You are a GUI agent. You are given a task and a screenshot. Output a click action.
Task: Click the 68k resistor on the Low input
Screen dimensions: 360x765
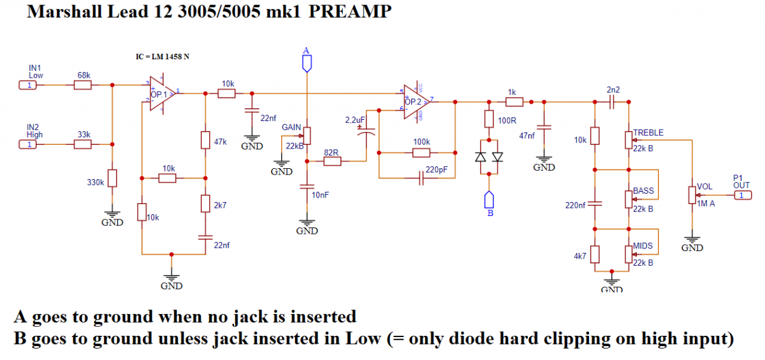84,85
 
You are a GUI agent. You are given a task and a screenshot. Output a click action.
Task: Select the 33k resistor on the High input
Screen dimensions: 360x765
84,145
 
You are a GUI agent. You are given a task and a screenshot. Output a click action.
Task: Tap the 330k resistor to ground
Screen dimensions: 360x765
112,178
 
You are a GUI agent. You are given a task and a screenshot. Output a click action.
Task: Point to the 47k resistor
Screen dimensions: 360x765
205,140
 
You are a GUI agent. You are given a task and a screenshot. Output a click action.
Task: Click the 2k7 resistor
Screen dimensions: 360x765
205,203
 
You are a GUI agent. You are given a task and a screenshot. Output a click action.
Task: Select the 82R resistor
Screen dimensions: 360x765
331,162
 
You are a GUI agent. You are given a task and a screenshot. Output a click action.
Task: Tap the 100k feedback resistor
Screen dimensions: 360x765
421,152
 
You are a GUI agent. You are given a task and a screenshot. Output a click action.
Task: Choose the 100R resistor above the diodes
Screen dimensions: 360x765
489,119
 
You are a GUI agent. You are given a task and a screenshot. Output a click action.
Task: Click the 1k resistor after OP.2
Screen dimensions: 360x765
514,101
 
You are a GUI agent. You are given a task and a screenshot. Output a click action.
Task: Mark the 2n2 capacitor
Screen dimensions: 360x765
613,101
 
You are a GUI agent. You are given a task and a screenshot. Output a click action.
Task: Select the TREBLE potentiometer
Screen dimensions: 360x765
630,138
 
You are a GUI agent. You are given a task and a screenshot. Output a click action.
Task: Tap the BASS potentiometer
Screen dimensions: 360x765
630,198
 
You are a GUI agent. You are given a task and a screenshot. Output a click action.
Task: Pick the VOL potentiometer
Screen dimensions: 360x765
692,194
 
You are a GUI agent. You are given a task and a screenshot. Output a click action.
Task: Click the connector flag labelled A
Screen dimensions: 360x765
307,62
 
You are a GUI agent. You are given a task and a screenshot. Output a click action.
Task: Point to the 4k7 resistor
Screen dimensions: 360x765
595,255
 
